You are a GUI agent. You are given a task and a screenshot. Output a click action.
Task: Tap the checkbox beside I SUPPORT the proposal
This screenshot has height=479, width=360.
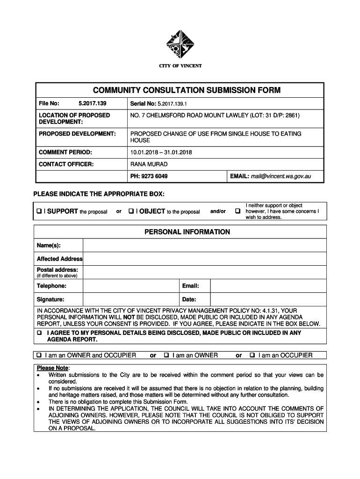coord(39,211)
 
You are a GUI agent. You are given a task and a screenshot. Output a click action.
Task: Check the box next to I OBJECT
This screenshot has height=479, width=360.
coord(131,211)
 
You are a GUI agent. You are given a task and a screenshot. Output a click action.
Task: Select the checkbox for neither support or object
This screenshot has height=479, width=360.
coord(238,211)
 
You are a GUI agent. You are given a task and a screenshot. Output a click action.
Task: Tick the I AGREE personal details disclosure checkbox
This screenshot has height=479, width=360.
coord(39,333)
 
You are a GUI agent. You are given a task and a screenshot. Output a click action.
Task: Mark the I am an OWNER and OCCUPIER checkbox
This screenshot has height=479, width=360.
coord(39,356)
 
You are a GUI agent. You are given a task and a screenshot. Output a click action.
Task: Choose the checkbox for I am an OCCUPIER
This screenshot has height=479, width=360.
coord(252,356)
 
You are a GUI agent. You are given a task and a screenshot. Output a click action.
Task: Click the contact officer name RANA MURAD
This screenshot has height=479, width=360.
coord(149,164)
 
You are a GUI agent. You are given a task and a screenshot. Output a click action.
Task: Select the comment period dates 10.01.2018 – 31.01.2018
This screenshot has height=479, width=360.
coord(161,152)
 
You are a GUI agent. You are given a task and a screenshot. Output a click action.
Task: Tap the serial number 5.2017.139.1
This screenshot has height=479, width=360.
coord(172,103)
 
